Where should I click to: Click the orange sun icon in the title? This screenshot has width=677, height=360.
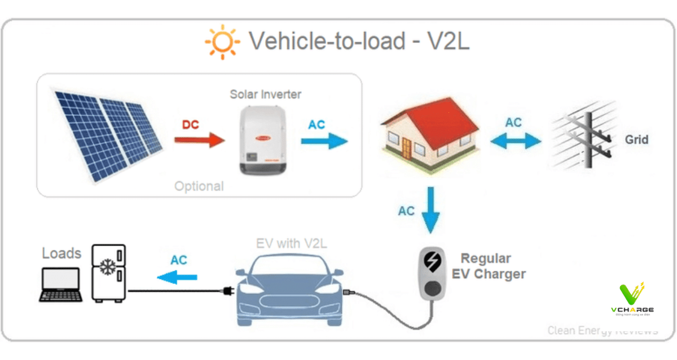pyautogui.click(x=222, y=42)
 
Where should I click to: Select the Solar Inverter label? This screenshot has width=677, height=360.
pyautogui.click(x=265, y=94)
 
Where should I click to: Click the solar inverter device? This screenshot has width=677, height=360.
pyautogui.click(x=261, y=141)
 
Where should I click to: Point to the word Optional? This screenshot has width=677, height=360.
pyautogui.click(x=199, y=186)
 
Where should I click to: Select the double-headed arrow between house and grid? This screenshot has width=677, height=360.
pyautogui.click(x=515, y=141)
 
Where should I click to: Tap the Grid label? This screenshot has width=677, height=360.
pyautogui.click(x=636, y=139)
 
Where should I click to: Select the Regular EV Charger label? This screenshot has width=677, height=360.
pyautogui.click(x=489, y=266)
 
